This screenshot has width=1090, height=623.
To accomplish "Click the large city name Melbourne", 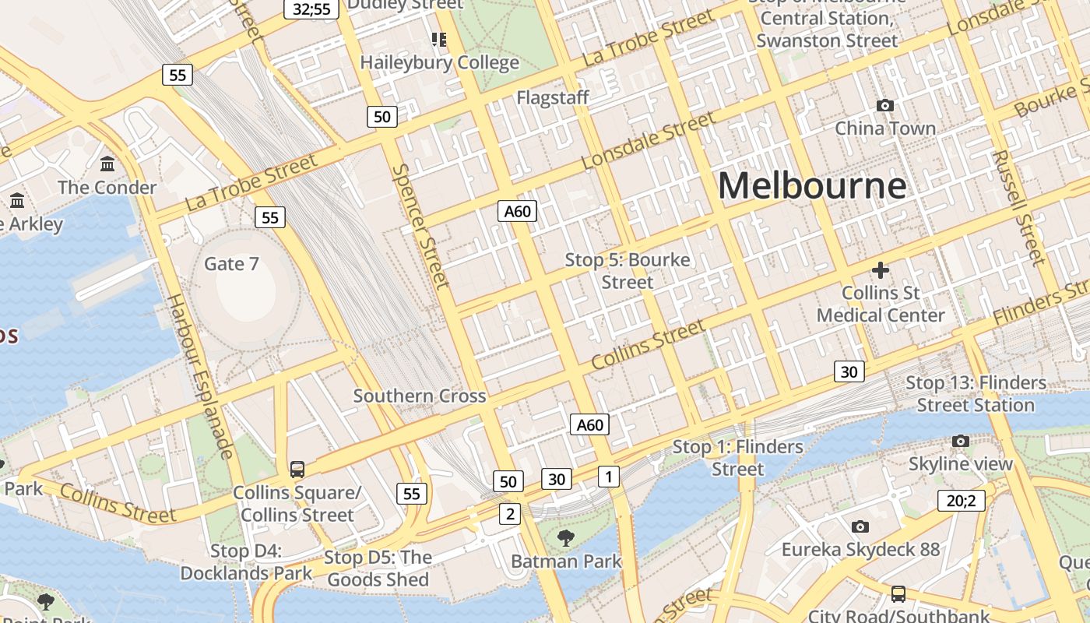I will pyautogui.click(x=812, y=186).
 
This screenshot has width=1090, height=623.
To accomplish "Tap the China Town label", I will pyautogui.click(x=885, y=128).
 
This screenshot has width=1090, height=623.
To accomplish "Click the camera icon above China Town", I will pyautogui.click(x=884, y=105).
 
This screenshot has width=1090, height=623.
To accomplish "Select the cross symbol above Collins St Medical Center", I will pyautogui.click(x=881, y=270).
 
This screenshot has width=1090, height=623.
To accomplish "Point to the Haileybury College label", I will pyautogui.click(x=439, y=62).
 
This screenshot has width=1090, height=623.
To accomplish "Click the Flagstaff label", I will pyautogui.click(x=553, y=97).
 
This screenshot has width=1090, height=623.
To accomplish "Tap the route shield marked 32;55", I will pyautogui.click(x=311, y=9).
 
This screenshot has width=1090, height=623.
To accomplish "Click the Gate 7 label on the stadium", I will pyautogui.click(x=231, y=264).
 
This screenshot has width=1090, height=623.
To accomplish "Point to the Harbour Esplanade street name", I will pyautogui.click(x=200, y=375).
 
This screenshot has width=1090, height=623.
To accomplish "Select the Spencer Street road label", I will pyautogui.click(x=420, y=225).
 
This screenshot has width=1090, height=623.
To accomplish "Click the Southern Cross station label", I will pyautogui.click(x=420, y=396).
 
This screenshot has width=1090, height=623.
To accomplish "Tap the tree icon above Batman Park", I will pyautogui.click(x=566, y=537).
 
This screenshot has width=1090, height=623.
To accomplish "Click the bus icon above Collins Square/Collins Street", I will pyautogui.click(x=297, y=469).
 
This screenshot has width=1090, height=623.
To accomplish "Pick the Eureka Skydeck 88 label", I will pyautogui.click(x=860, y=550).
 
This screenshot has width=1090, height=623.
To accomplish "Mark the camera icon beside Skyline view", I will pyautogui.click(x=961, y=441).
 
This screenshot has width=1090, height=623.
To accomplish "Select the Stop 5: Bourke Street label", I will pyautogui.click(x=628, y=270).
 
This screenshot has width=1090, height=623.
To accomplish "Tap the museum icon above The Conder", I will pyautogui.click(x=107, y=164).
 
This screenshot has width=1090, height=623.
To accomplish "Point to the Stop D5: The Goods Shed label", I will pyautogui.click(x=378, y=568).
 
